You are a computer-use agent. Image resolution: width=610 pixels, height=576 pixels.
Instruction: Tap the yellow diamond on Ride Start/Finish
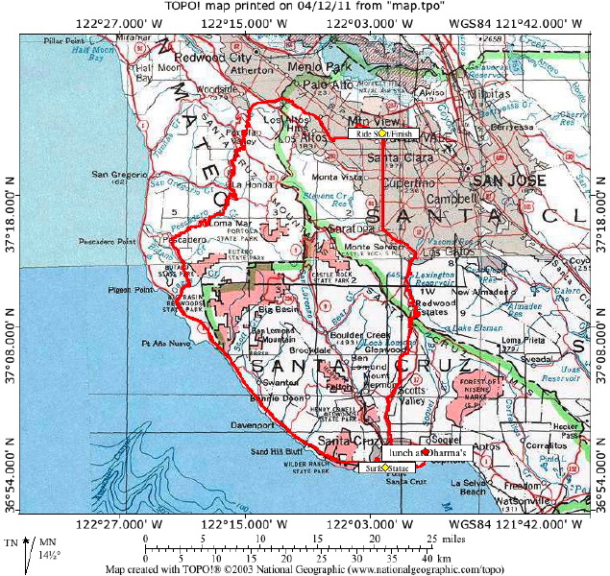(x=380, y=134)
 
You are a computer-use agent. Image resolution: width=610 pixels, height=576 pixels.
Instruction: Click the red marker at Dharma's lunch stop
(x=426, y=451)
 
